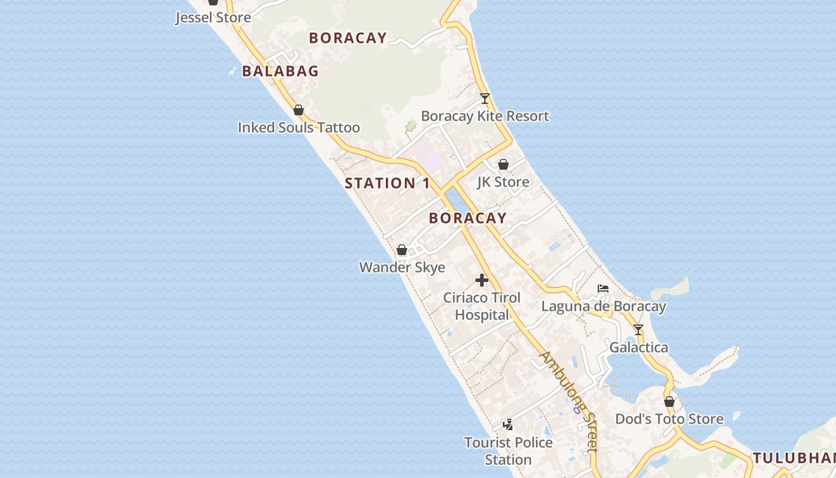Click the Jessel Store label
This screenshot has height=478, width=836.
point(213,17)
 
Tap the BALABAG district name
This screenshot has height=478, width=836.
point(280,71)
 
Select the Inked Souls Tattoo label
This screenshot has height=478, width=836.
point(299,127)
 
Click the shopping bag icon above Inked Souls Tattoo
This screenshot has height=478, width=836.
point(299,111)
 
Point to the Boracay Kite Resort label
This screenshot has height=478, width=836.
point(485,116)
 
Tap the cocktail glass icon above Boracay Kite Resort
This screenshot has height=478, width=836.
point(485,99)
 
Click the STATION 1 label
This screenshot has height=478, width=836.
point(387,183)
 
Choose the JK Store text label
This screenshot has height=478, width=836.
point(503,182)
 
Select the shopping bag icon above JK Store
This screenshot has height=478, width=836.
point(503,164)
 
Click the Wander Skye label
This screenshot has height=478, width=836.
point(402,267)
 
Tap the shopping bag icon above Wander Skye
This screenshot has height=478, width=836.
point(402,250)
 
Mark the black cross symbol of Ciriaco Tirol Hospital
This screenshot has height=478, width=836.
point(482,280)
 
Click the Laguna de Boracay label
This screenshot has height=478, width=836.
point(603,307)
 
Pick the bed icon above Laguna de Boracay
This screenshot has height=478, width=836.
point(603,289)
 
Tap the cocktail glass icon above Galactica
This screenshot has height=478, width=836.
point(638,330)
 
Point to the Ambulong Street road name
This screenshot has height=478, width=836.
point(569,401)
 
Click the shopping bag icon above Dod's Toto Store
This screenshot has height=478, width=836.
point(669,402)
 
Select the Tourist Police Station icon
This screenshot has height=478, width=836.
point(508,425)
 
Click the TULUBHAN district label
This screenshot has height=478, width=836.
point(794,458)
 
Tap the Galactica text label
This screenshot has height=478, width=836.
point(638,347)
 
